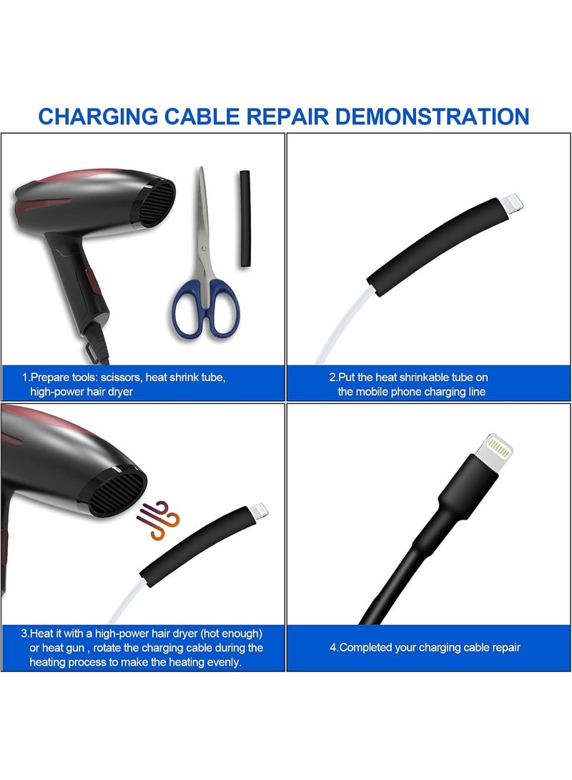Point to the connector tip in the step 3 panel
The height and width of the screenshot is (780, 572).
coord(259,509)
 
